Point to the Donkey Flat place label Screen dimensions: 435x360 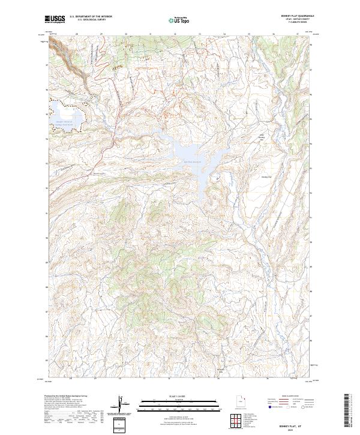[x=266, y=177]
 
